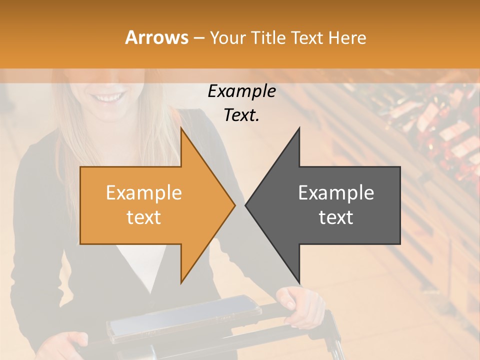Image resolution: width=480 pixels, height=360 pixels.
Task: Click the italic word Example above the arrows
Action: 241,91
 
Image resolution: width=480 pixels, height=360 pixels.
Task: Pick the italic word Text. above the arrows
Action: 241,115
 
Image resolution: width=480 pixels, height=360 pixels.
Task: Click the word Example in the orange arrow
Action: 143,193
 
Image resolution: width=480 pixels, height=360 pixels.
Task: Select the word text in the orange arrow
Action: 143,217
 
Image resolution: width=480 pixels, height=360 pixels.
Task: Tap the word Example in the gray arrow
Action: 336,193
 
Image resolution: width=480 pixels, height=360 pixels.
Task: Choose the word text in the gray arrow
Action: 336,217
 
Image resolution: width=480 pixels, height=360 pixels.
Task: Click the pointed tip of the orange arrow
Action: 234,205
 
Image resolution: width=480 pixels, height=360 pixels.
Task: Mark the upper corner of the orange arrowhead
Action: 181,129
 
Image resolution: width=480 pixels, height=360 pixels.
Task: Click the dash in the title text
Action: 198,38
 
